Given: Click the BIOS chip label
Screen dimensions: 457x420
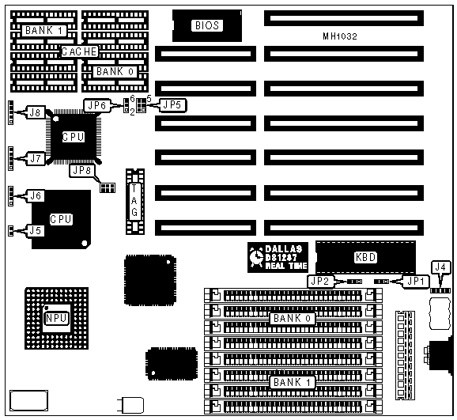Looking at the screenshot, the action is [x=207, y=25].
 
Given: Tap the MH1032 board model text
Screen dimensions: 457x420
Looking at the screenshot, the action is [x=340, y=36].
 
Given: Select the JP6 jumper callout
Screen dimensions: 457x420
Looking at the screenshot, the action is [x=96, y=105].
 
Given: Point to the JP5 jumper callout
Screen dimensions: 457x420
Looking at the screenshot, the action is [x=172, y=105].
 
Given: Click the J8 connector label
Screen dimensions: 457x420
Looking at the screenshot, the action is [x=36, y=112].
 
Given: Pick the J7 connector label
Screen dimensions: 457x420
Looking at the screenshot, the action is [x=36, y=158].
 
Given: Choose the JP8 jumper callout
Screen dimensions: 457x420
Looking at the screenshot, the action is [x=82, y=170].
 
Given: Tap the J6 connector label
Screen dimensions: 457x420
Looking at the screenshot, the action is [x=36, y=195].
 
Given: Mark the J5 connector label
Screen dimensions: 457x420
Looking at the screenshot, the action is [x=36, y=231].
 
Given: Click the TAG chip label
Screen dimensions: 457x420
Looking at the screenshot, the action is [x=134, y=201].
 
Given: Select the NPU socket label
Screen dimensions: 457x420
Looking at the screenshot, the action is [x=56, y=318].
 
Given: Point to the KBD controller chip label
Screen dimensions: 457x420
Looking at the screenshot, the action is [x=365, y=257].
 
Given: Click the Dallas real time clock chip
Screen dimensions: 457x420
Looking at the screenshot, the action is [x=278, y=257].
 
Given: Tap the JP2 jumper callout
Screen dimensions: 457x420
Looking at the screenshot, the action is [x=320, y=281].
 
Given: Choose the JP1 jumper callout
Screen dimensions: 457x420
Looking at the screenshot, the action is [x=416, y=281].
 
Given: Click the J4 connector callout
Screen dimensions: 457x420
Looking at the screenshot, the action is [x=440, y=267].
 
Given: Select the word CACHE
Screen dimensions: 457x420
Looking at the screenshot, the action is [x=79, y=51].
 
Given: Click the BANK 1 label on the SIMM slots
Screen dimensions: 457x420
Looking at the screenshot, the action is [x=293, y=382].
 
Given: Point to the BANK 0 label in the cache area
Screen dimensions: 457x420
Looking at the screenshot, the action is [x=115, y=71].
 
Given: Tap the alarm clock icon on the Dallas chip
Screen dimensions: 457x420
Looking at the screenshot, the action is [x=256, y=257].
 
